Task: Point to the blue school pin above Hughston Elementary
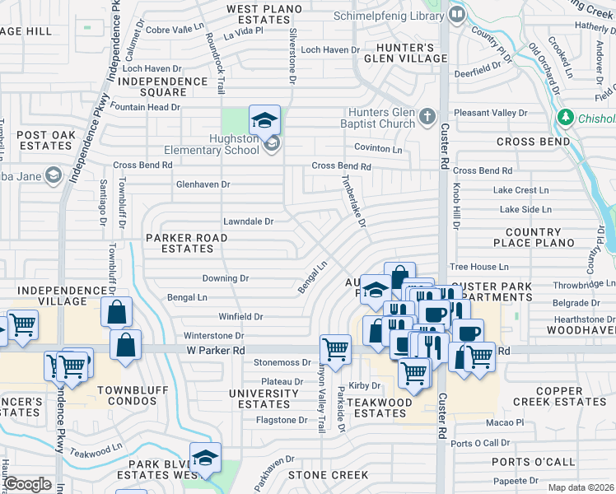pyautogui.click(x=264, y=122)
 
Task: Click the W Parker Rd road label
pyautogui.click(x=215, y=350)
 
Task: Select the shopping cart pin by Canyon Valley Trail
pyautogui.click(x=335, y=349)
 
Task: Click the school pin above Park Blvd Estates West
pyautogui.click(x=205, y=457)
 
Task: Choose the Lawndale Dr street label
pyautogui.click(x=248, y=221)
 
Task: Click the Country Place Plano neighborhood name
pyautogui.click(x=533, y=237)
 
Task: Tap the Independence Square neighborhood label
pyautogui.click(x=163, y=86)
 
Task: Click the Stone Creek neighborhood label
pyautogui.click(x=328, y=475)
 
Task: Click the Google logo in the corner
pyautogui.click(x=27, y=484)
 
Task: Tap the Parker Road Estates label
pyautogui.click(x=186, y=243)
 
